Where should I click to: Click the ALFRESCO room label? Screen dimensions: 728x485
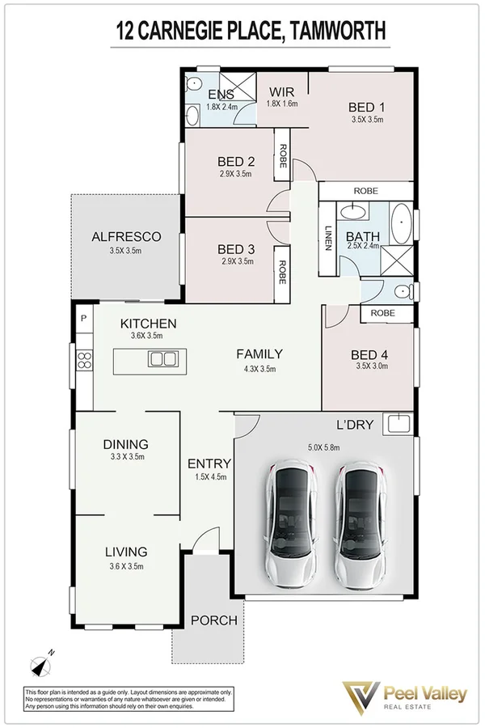126,237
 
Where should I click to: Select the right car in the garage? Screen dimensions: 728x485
360,525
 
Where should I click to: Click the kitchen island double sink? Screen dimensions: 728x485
163,358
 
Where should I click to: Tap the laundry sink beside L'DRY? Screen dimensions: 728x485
399,423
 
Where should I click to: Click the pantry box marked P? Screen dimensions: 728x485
83,318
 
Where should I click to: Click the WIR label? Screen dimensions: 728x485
282,91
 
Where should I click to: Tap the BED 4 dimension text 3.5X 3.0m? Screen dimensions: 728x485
371,366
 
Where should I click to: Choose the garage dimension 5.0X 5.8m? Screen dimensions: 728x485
323,446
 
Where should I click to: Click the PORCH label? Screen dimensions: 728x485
214,620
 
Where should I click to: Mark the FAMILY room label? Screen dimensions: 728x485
259,353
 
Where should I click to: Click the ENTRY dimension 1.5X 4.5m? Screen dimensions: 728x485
209,476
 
